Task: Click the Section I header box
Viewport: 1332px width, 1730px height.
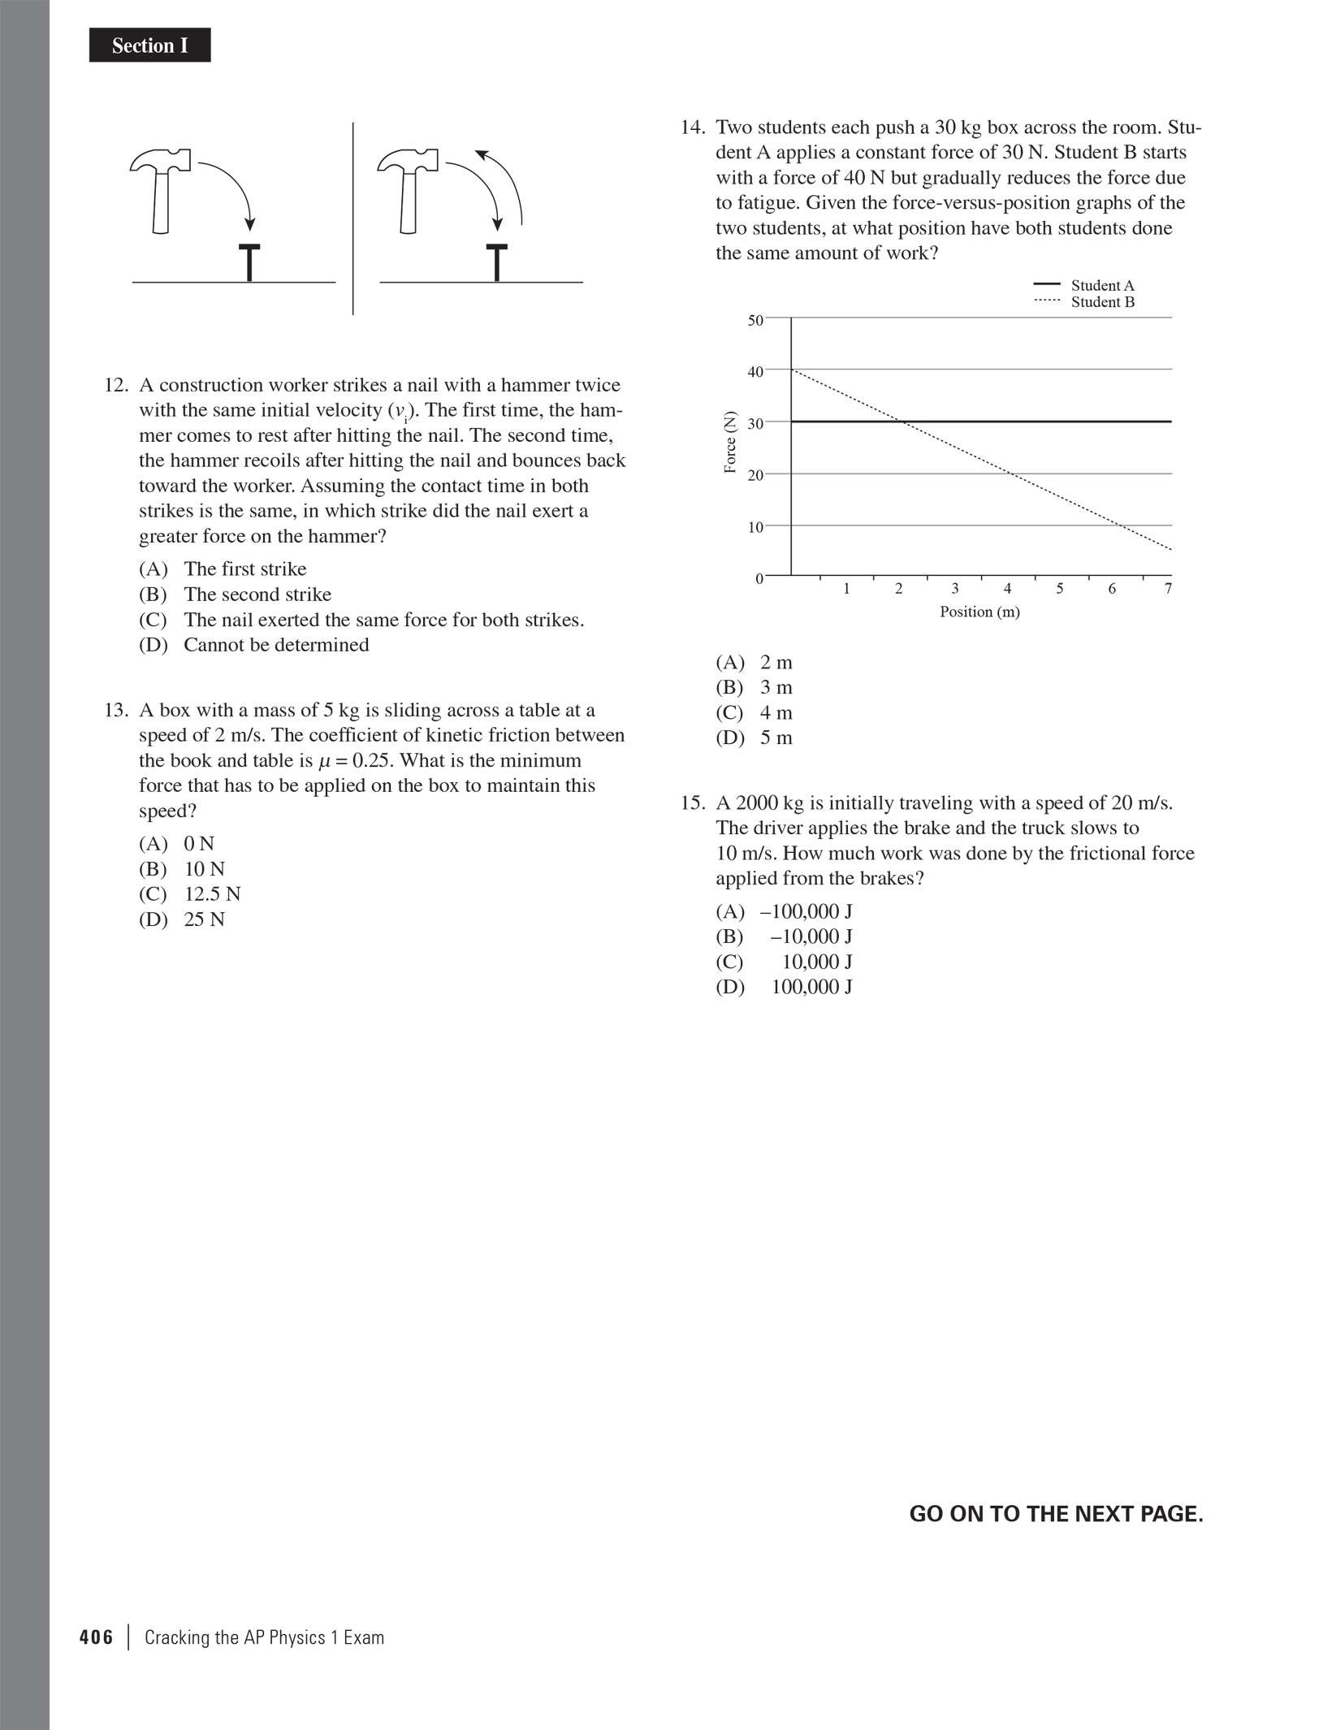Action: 149,45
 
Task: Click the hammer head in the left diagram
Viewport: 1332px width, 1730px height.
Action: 161,160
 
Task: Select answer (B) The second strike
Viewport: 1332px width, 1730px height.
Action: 236,595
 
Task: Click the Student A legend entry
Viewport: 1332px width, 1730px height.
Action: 1085,285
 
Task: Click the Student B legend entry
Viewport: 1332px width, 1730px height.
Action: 1085,302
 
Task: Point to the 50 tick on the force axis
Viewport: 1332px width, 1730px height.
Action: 755,320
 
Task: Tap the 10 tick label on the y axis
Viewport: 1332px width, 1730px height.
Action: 755,527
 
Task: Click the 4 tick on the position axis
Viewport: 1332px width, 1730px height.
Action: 1007,589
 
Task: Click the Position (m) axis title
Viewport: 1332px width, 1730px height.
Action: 980,612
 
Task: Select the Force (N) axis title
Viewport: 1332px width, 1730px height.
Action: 730,443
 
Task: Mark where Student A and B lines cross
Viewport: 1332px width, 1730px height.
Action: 901,422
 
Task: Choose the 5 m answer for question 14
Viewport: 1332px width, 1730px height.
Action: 754,738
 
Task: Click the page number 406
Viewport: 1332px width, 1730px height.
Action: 96,1637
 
